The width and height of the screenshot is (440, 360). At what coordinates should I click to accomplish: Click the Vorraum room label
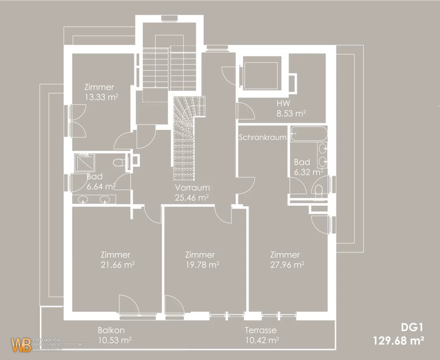192,187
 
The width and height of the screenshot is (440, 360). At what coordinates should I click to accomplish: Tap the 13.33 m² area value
101,97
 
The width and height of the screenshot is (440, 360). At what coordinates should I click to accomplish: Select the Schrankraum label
263,137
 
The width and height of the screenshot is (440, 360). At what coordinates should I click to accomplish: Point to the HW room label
283,103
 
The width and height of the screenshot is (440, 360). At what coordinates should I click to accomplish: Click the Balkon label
111,330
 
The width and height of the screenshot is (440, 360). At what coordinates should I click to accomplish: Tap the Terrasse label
261,330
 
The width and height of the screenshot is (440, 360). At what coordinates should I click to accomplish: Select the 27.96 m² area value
287,265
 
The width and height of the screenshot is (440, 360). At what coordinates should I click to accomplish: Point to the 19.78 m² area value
202,265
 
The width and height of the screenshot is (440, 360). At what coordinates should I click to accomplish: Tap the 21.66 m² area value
118,265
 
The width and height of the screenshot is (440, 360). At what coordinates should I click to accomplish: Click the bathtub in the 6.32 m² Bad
309,134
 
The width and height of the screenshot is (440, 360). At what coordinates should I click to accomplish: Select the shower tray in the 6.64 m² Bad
84,163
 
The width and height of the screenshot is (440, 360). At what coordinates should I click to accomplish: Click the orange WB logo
21,345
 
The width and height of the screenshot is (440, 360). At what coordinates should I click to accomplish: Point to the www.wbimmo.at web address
47,350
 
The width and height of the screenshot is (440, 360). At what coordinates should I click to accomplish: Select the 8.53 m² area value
291,114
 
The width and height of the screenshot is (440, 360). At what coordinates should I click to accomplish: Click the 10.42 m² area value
262,340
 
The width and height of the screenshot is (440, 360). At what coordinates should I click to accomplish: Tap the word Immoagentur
47,340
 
